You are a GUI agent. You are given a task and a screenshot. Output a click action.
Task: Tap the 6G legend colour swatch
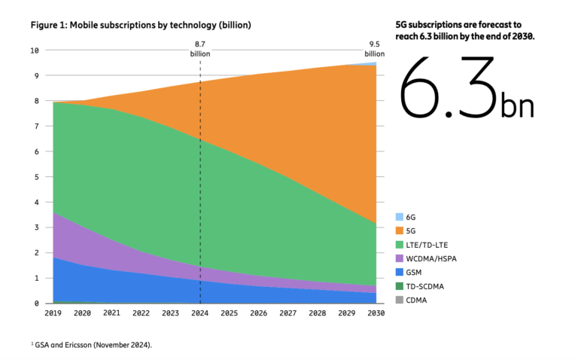pos(400,215)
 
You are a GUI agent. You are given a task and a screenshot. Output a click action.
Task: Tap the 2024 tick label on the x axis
pos(199,314)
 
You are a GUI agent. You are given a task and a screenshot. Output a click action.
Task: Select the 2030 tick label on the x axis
pos(375,314)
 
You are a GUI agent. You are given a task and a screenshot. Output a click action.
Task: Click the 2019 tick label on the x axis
pos(53,314)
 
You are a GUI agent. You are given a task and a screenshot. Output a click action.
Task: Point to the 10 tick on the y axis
pos(34,50)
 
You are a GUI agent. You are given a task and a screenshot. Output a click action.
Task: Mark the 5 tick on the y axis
pos(36,177)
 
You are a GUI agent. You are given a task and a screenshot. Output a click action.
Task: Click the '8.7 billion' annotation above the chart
pos(200,49)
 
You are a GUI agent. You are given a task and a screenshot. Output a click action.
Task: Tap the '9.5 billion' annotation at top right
pos(375,49)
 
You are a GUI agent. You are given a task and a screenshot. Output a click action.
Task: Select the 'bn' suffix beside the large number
pos(517,106)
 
